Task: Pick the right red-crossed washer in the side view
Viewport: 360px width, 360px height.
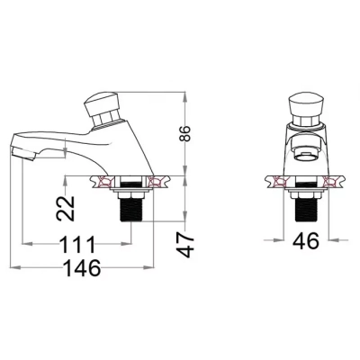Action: point(156,184)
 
